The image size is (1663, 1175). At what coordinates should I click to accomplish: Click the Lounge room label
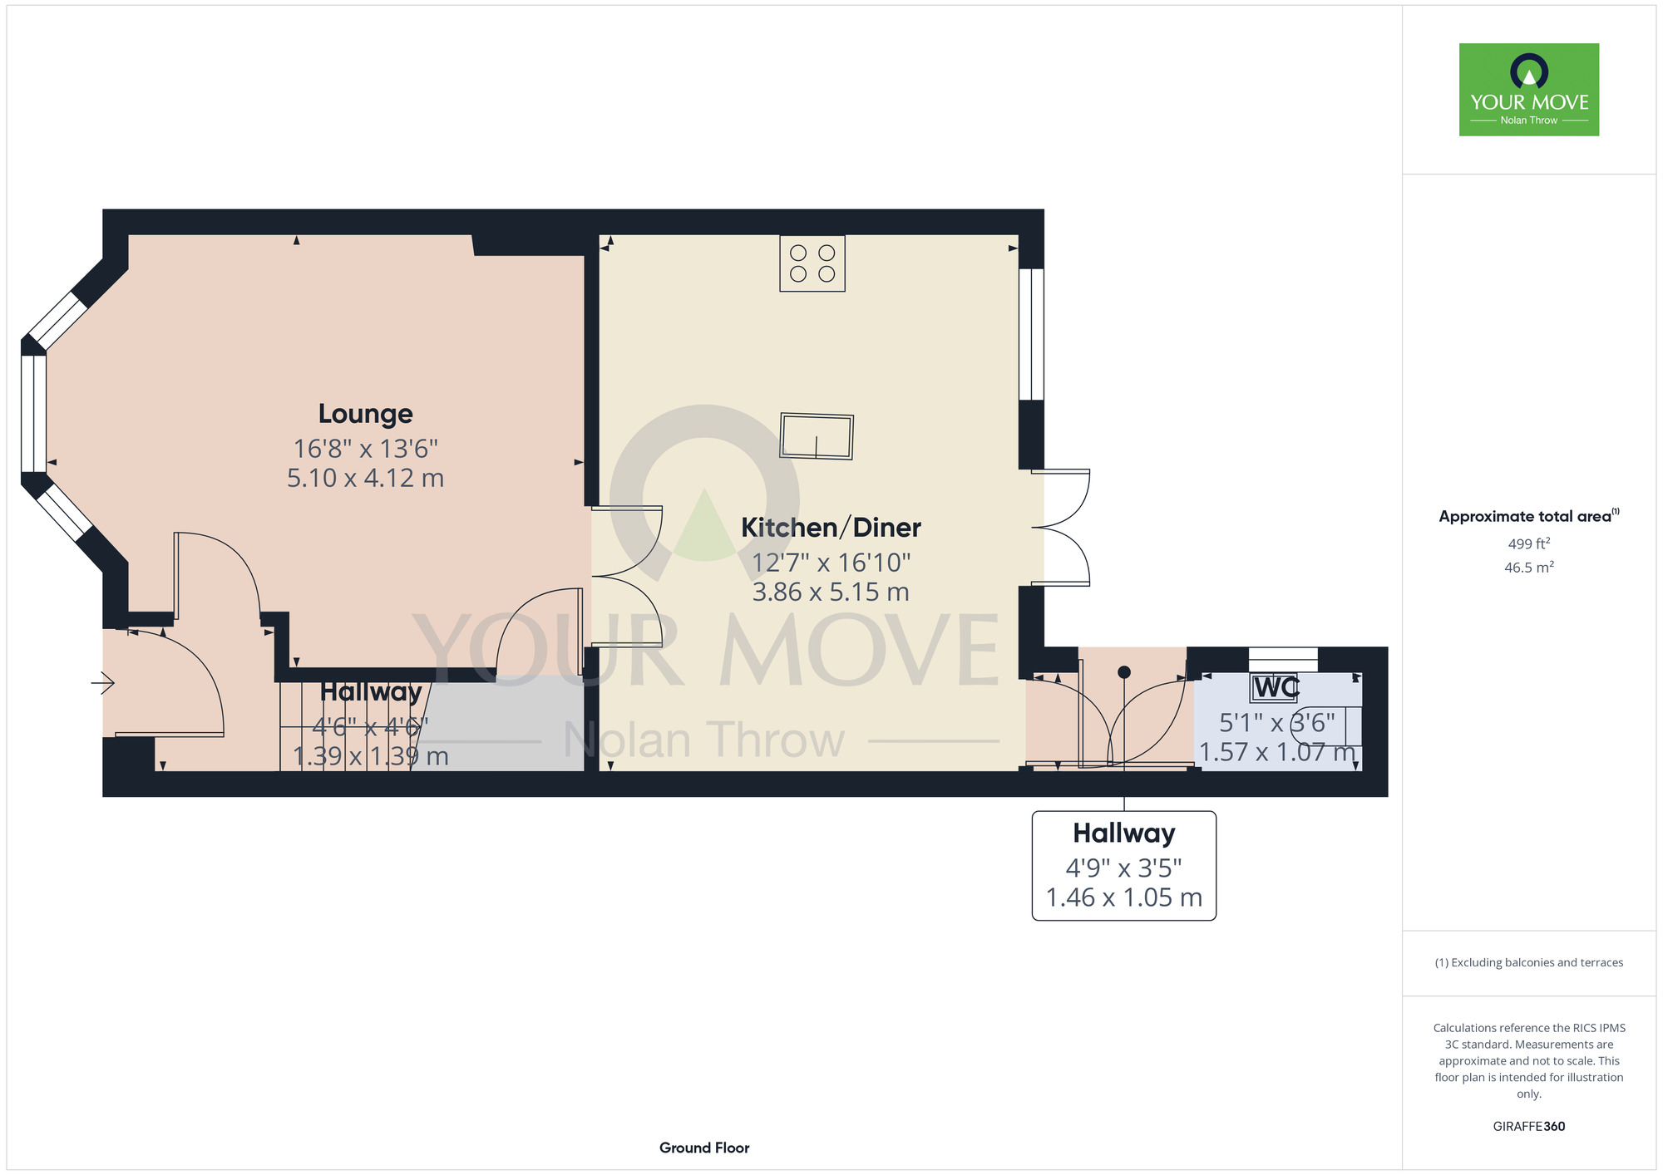(366, 414)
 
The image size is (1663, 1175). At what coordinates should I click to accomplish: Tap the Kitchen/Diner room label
(831, 528)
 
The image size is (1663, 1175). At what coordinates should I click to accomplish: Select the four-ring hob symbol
(812, 263)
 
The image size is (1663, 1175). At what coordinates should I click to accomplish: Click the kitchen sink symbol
(817, 436)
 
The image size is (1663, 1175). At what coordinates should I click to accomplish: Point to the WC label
(1276, 688)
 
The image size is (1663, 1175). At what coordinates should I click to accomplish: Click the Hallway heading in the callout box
(1124, 833)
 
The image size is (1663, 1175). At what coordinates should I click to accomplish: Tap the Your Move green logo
(1529, 90)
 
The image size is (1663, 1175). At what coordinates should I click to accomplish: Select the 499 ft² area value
(1529, 543)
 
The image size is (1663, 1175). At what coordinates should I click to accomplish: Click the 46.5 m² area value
(1529, 568)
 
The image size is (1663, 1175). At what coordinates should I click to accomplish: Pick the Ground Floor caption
(704, 1148)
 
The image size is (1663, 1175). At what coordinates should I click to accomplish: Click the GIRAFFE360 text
(1529, 1127)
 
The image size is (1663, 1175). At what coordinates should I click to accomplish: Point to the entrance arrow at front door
(102, 683)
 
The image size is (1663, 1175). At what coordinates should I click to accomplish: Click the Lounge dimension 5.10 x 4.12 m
(366, 479)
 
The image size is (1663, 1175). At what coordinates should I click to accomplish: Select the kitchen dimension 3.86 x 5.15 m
(831, 592)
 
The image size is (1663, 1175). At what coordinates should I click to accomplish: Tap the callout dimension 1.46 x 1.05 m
(1124, 897)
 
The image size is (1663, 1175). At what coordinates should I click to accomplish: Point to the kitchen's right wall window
(1032, 334)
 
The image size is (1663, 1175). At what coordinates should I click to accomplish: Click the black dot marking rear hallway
(1124, 672)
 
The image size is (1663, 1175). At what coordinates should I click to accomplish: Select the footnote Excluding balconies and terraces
(1529, 962)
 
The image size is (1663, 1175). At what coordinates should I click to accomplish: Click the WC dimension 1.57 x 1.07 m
(1277, 752)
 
